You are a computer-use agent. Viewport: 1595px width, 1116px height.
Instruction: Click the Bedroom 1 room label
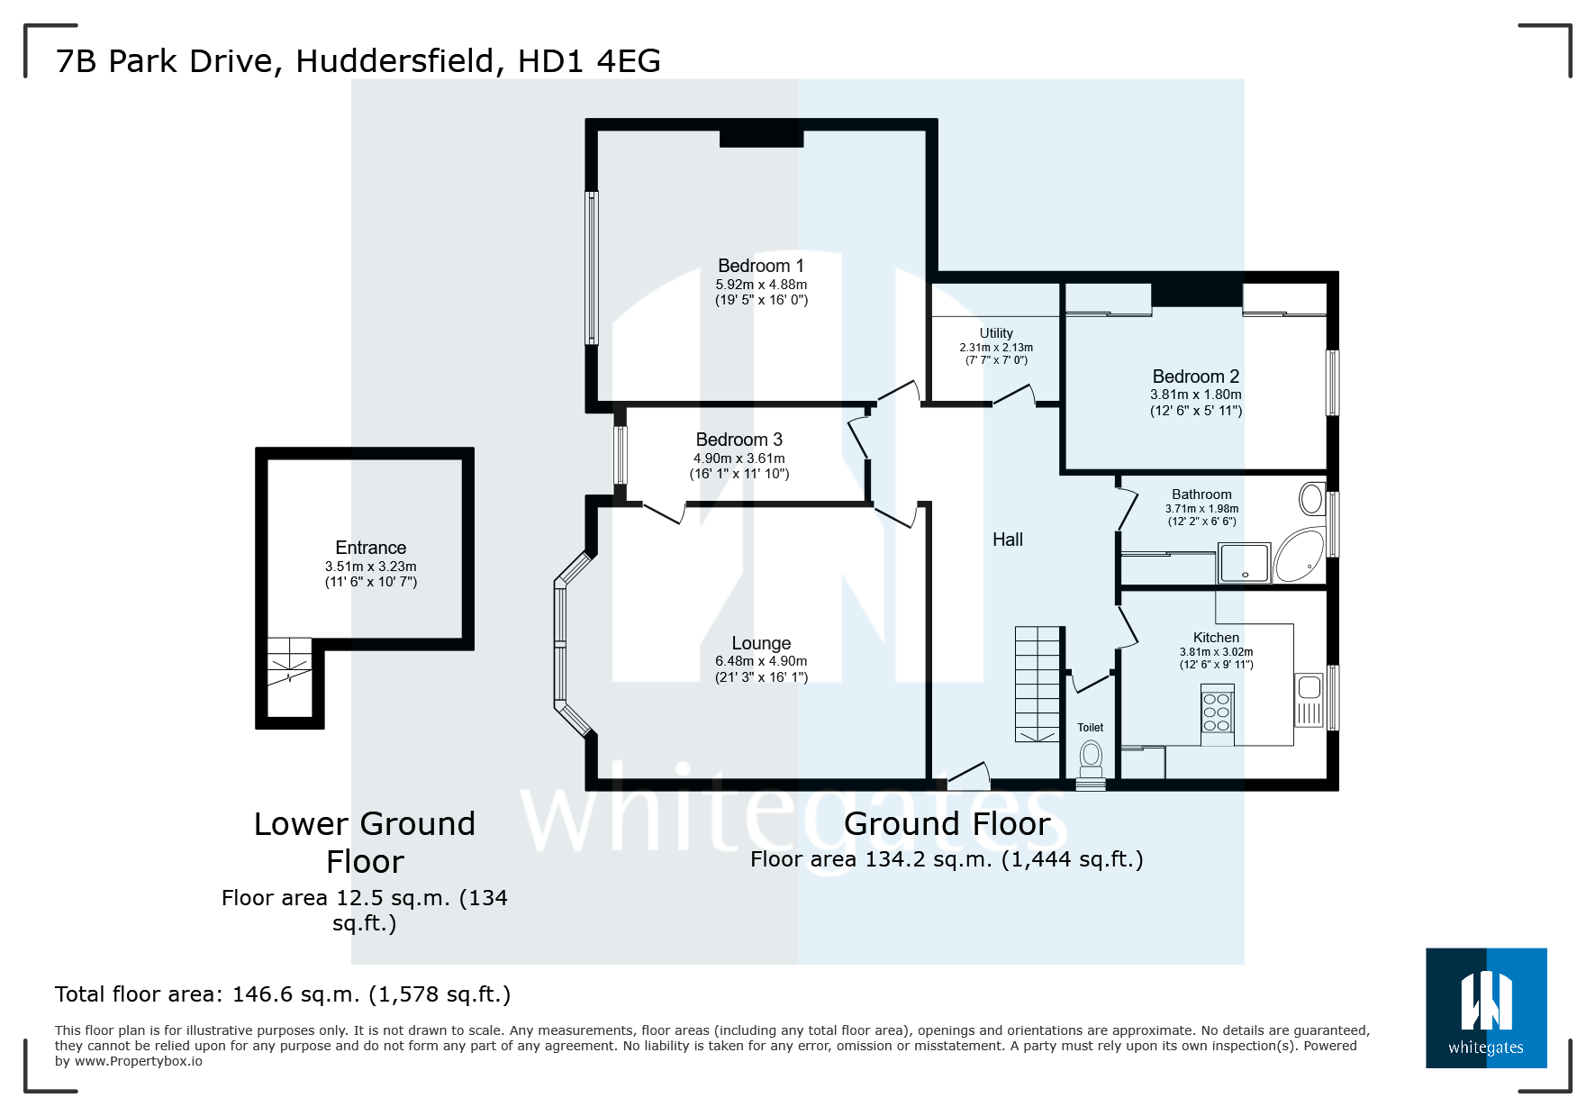click(x=761, y=266)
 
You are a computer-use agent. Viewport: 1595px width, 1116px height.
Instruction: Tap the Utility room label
click(x=996, y=333)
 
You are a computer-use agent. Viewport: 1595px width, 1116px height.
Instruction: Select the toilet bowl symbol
click(x=1091, y=755)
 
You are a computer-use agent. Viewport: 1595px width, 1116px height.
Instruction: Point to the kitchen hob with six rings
click(x=1217, y=712)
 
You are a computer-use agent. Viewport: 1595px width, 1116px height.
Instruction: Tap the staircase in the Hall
click(x=1038, y=684)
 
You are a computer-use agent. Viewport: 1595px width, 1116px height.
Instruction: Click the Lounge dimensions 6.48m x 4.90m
click(x=761, y=661)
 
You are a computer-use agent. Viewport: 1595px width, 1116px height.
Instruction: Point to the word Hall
click(x=1007, y=540)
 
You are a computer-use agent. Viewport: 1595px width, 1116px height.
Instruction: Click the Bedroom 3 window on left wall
click(x=620, y=455)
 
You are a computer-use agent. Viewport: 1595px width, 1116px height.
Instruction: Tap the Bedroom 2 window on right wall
click(x=1332, y=382)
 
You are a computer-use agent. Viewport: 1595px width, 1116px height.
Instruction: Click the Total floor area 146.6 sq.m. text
click(x=282, y=994)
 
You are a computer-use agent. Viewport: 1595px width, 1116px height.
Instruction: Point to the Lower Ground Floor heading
click(x=365, y=842)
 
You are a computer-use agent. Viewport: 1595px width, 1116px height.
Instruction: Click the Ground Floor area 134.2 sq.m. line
click(x=947, y=859)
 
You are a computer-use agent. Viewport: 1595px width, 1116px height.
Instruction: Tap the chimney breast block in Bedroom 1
click(x=761, y=138)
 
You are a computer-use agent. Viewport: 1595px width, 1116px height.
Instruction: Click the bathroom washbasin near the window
click(x=1311, y=498)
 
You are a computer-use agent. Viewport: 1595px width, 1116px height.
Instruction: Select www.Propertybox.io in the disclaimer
click(x=139, y=1061)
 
